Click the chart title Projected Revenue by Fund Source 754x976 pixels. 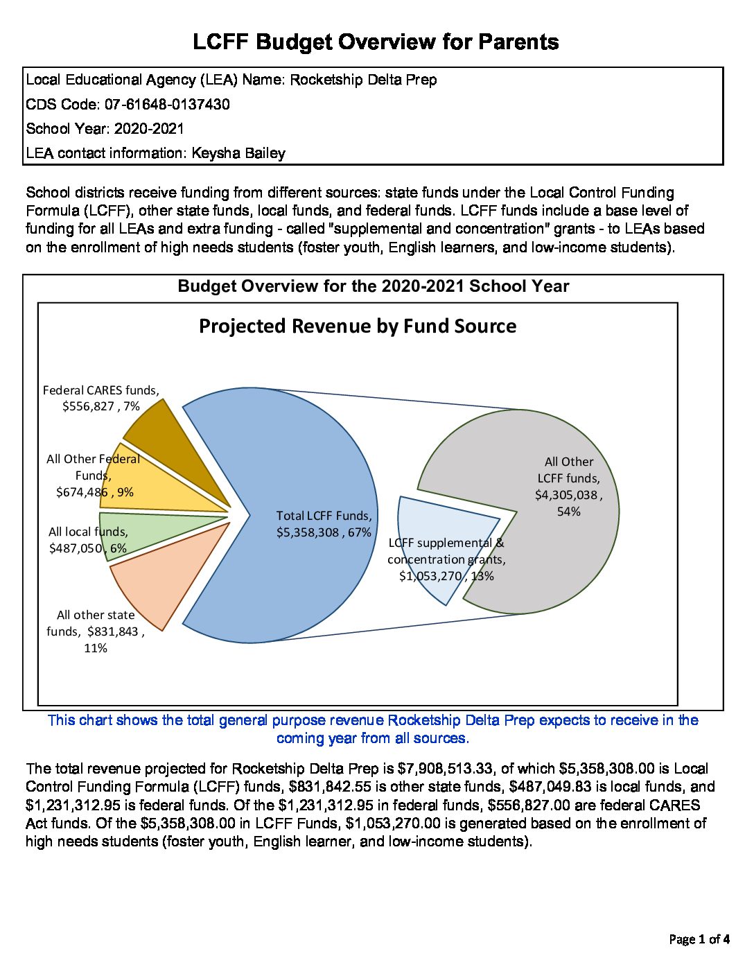pyautogui.click(x=358, y=326)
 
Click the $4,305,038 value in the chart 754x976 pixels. pyautogui.click(x=565, y=495)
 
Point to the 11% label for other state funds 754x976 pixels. pyautogui.click(x=96, y=648)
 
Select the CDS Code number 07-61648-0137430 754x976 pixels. pyautogui.click(x=167, y=105)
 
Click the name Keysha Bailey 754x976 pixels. pyautogui.click(x=238, y=153)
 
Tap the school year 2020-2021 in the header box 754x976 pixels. pyautogui.click(x=149, y=129)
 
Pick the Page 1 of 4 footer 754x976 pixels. pyautogui.click(x=699, y=940)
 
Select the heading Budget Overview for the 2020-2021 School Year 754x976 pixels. pyautogui.click(x=374, y=287)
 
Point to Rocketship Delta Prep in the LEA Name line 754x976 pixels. pyautogui.click(x=363, y=80)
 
